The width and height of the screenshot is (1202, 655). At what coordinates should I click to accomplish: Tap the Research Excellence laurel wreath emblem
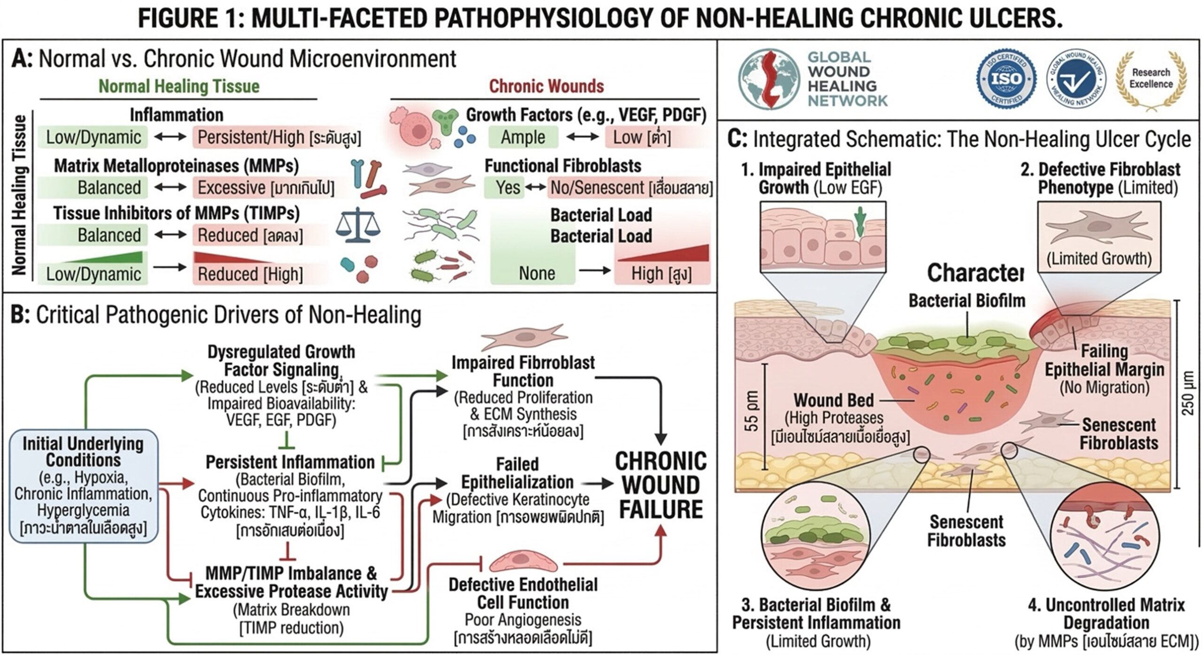(x=1151, y=79)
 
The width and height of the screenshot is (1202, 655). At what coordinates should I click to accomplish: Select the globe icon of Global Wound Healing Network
(x=769, y=79)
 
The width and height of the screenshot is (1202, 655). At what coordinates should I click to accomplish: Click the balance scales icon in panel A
(x=357, y=226)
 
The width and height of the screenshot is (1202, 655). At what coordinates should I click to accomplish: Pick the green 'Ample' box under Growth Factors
(x=523, y=137)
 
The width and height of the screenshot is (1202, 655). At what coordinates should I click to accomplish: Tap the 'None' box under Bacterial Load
(x=536, y=273)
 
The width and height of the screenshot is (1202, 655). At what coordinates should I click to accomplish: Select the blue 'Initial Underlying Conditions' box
(x=84, y=486)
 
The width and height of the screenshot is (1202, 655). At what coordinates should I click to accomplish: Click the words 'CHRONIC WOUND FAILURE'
(x=661, y=486)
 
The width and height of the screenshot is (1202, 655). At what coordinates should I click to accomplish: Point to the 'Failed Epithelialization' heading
(x=517, y=473)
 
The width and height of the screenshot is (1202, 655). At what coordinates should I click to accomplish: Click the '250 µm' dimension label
(x=1188, y=393)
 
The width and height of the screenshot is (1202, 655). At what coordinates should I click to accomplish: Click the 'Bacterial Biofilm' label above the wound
(x=967, y=301)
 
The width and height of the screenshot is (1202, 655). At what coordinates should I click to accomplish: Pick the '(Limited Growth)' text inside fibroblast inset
(x=1098, y=259)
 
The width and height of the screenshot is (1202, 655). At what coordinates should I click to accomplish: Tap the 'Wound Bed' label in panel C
(x=833, y=400)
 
